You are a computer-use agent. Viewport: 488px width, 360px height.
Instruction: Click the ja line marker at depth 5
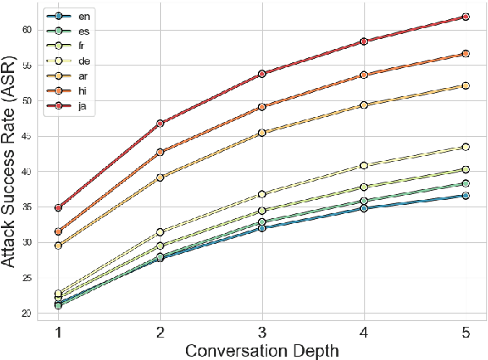[466, 17]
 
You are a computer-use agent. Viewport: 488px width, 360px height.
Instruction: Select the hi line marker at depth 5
[466, 54]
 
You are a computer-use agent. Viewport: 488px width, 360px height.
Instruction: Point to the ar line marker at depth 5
[466, 85]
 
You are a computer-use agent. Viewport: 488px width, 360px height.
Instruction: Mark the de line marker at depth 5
[466, 147]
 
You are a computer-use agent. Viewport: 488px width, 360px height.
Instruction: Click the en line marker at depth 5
[466, 196]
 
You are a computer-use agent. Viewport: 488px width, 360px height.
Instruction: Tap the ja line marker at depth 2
[160, 124]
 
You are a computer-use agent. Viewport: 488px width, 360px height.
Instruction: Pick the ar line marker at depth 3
[262, 133]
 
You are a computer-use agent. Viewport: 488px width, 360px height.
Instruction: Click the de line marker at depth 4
[364, 166]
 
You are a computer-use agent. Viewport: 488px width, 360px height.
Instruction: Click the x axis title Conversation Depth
[262, 351]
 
